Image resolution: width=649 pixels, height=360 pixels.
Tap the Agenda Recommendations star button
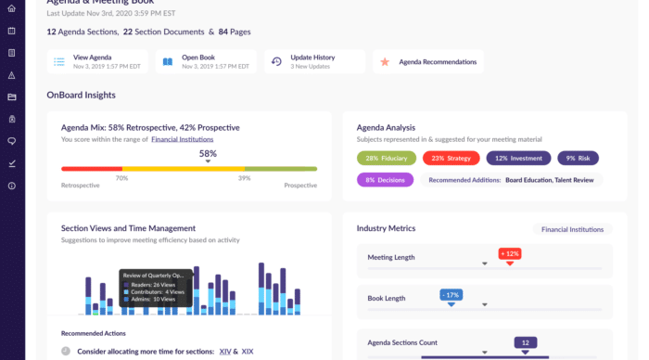point(429,62)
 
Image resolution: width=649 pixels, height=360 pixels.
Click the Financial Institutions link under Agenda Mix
point(185,139)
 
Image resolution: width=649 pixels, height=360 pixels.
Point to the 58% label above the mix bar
point(208,154)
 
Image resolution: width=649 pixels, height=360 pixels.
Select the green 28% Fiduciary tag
point(386,158)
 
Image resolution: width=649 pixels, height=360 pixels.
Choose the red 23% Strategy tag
point(451,158)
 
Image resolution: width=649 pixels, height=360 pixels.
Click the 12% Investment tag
point(518,158)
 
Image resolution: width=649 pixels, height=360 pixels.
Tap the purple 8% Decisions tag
point(385,180)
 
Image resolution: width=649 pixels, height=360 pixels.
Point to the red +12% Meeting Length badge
point(509,253)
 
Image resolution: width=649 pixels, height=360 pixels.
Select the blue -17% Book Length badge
point(451,295)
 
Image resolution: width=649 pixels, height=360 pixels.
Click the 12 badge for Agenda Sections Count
point(525,342)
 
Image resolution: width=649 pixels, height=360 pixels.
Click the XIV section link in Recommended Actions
point(224,352)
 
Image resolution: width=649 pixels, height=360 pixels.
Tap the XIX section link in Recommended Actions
point(248,352)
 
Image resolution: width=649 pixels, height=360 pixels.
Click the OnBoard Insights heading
point(81,95)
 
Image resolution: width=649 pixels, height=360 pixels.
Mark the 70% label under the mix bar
point(121,177)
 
